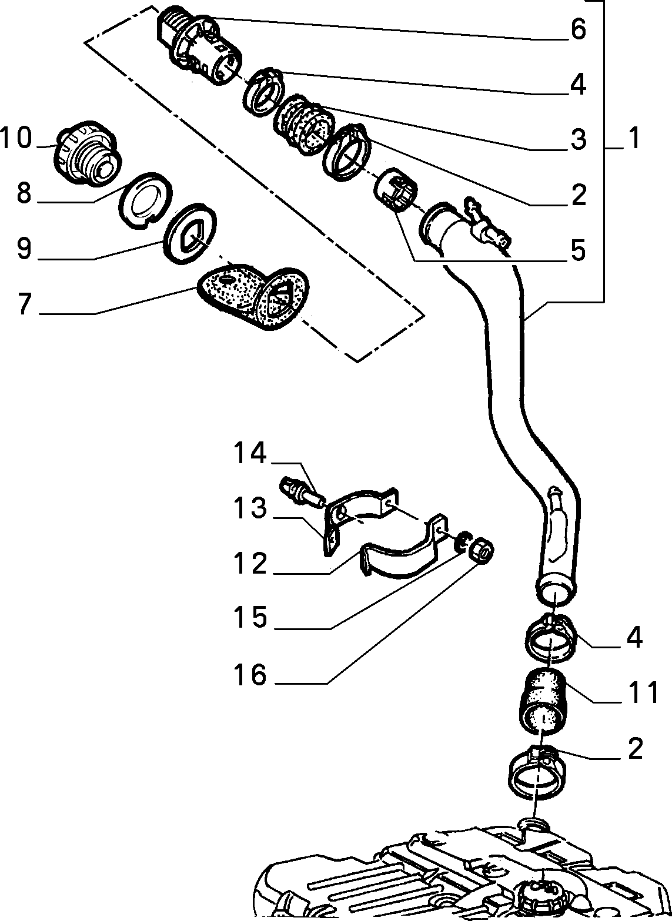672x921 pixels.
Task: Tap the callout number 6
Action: tap(579, 29)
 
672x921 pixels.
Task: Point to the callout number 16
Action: tap(250, 675)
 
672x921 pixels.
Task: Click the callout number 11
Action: tap(644, 692)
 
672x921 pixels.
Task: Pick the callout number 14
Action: tap(250, 453)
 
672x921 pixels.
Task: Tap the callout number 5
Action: tap(579, 250)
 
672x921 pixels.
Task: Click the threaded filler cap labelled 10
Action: tap(87, 153)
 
